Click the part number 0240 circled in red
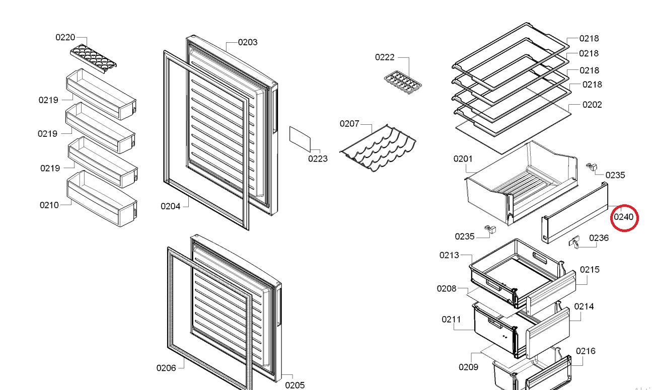click(623, 217)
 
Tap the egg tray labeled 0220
click(94, 59)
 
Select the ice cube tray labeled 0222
click(403, 83)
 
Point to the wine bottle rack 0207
click(378, 148)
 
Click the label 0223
click(318, 159)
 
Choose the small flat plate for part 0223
click(300, 139)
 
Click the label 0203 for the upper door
click(248, 42)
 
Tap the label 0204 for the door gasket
click(170, 206)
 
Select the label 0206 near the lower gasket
click(166, 368)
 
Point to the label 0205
click(295, 385)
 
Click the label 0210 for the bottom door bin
click(49, 205)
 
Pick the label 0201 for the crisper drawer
click(463, 159)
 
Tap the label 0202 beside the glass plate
click(592, 105)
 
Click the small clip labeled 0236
click(574, 242)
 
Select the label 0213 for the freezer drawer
click(449, 255)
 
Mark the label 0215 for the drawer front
click(590, 270)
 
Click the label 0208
click(447, 289)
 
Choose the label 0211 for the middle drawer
click(451, 320)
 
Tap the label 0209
click(468, 367)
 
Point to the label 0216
click(586, 351)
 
